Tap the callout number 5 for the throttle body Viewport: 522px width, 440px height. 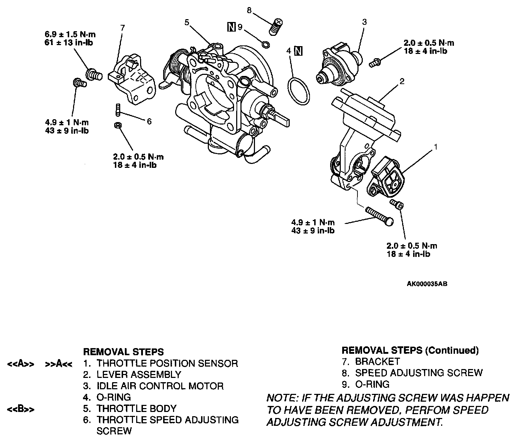(187, 23)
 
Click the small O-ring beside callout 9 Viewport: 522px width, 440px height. (265, 44)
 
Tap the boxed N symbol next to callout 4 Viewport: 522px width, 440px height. (298, 51)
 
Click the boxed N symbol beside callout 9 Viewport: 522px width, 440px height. (231, 27)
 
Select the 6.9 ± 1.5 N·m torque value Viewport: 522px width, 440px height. (70, 35)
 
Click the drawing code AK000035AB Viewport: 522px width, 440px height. (427, 284)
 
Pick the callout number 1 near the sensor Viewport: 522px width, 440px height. (436, 146)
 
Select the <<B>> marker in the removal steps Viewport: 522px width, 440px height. (21, 409)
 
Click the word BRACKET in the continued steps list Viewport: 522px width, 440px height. (377, 362)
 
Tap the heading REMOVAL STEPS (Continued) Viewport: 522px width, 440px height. (410, 351)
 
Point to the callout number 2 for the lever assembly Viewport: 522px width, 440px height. (401, 81)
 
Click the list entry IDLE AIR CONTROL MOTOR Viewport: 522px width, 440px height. (160, 386)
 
